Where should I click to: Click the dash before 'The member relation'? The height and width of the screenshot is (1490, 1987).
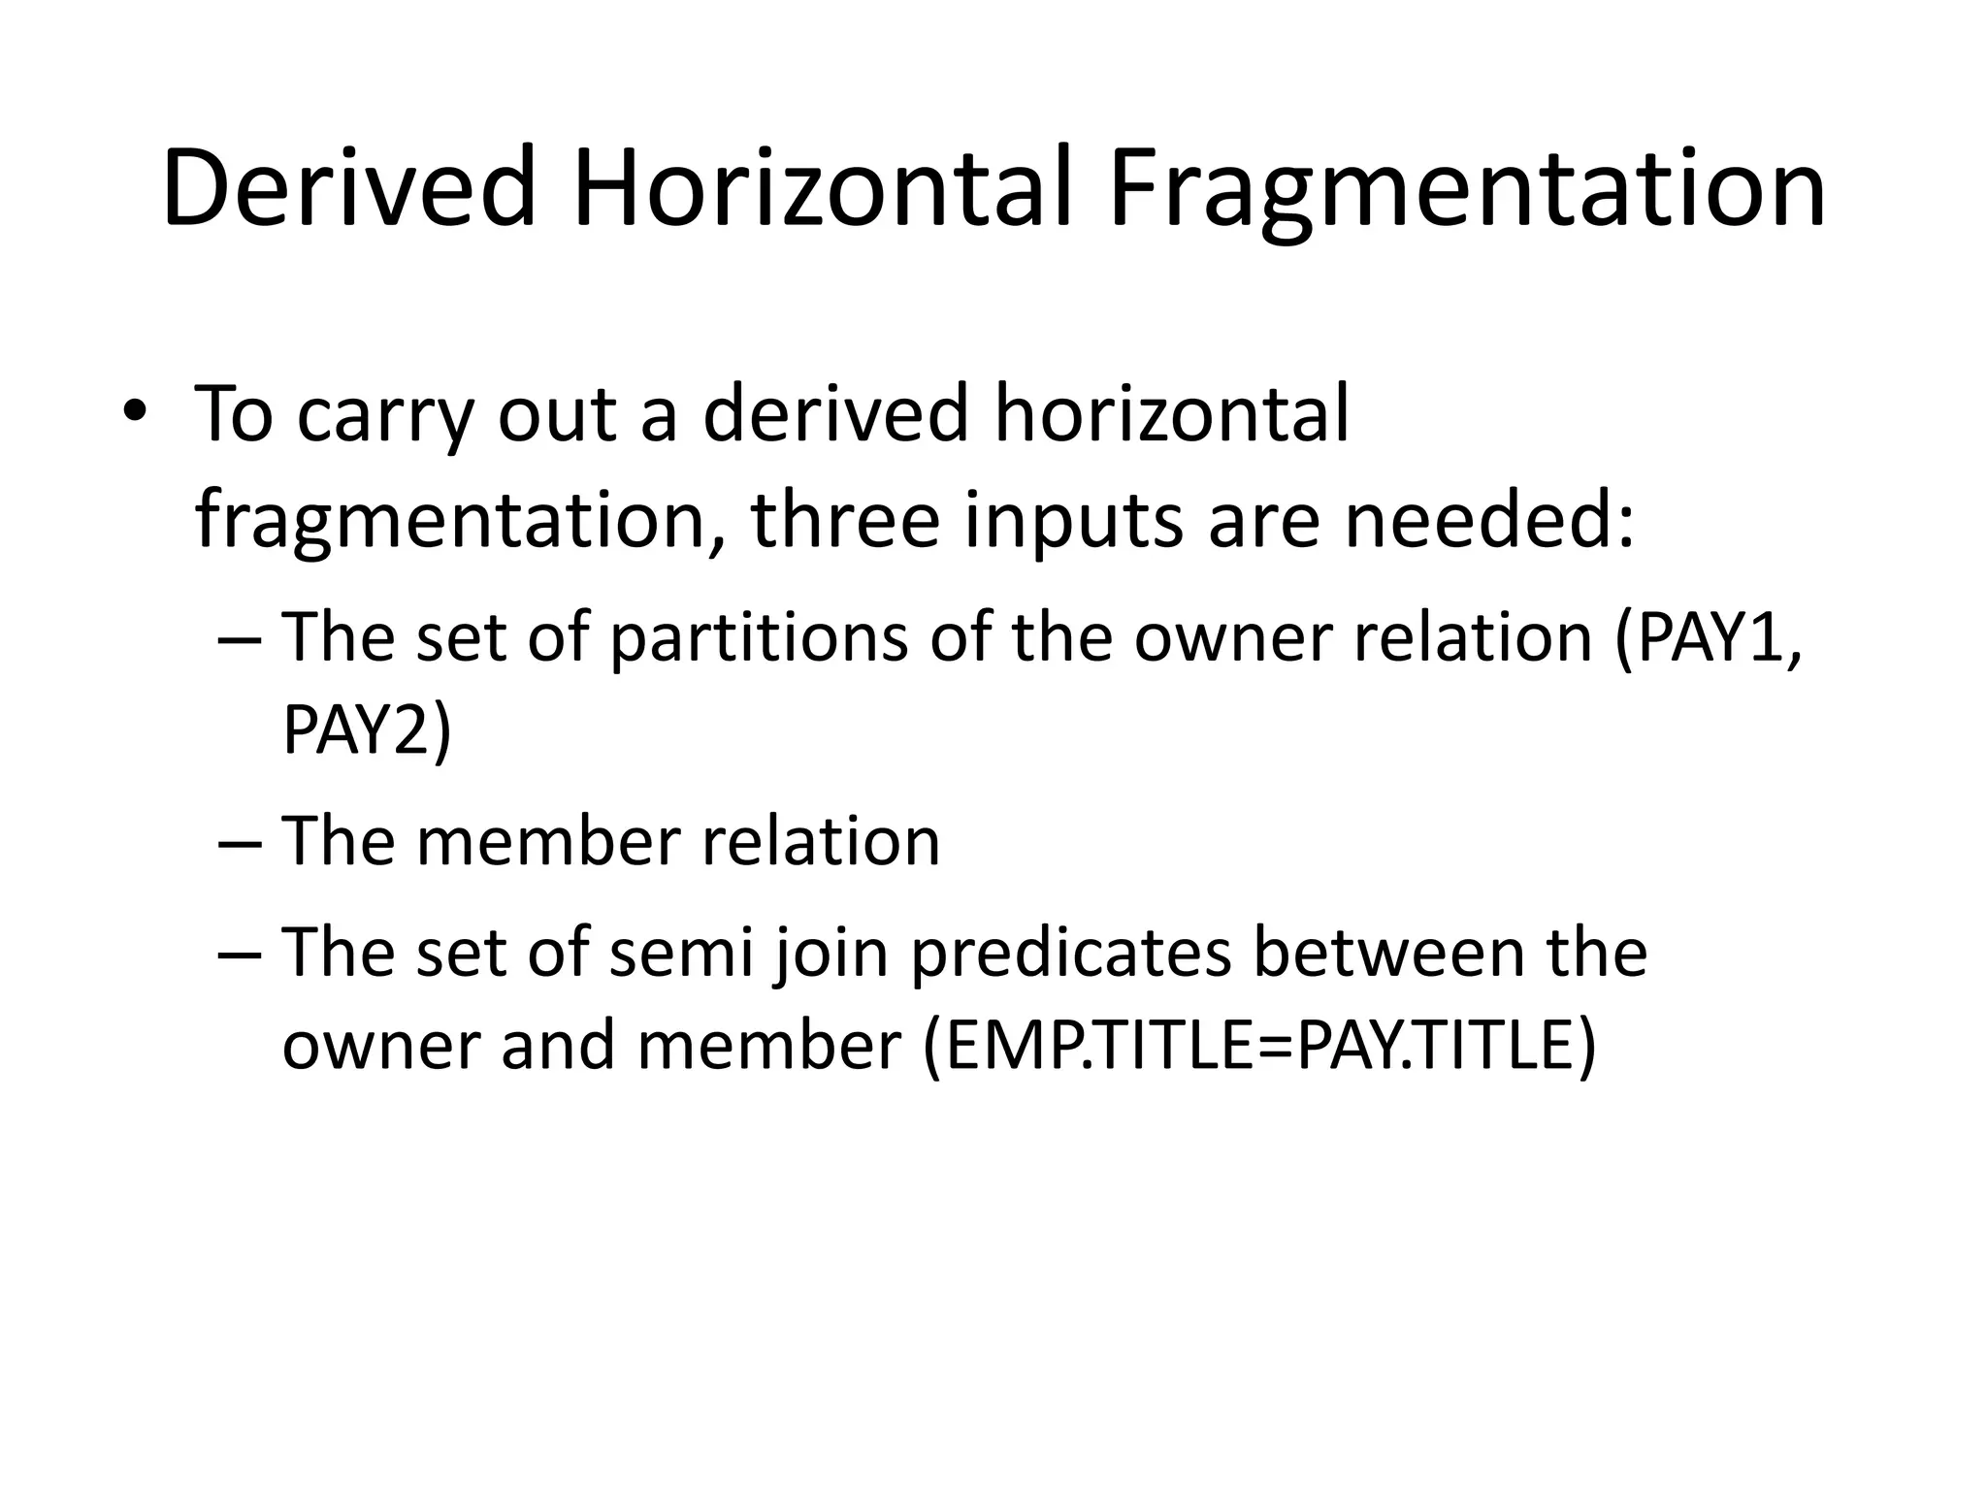(241, 842)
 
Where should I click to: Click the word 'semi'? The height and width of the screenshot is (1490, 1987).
(681, 953)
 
